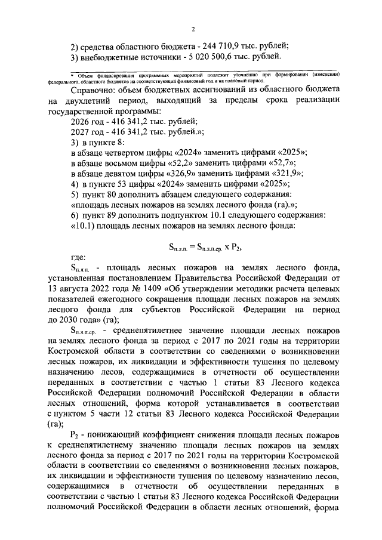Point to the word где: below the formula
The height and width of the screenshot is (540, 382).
coord(78,258)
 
